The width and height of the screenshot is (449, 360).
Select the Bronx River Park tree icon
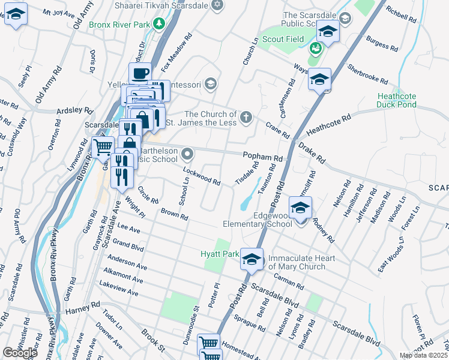click(159, 24)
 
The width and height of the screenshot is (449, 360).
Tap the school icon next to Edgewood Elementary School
click(300, 208)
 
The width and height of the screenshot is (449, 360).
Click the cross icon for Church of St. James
click(246, 117)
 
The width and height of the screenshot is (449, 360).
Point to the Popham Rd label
click(262, 157)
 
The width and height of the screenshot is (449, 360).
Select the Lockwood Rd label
click(202, 176)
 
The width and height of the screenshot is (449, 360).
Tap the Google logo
click(20, 352)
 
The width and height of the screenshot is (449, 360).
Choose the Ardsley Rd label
click(74, 111)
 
